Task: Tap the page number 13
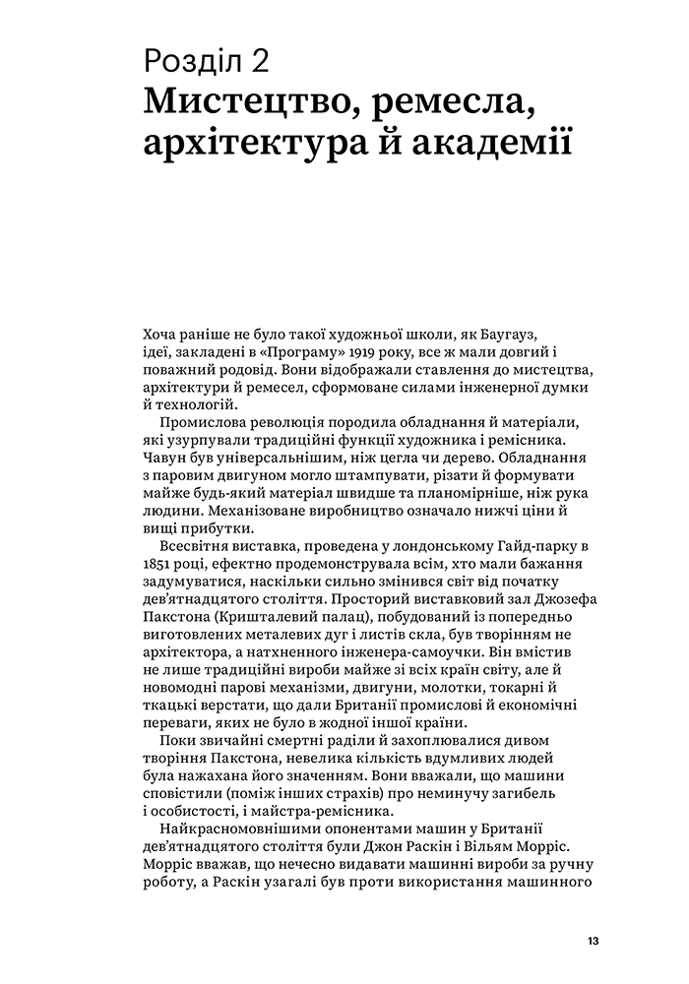592,940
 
